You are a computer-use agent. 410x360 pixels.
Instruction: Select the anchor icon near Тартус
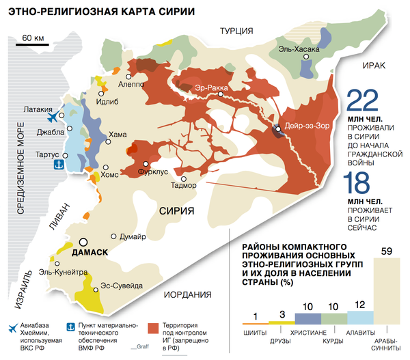(58, 163)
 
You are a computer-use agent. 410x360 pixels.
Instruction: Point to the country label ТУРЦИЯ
(236, 30)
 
